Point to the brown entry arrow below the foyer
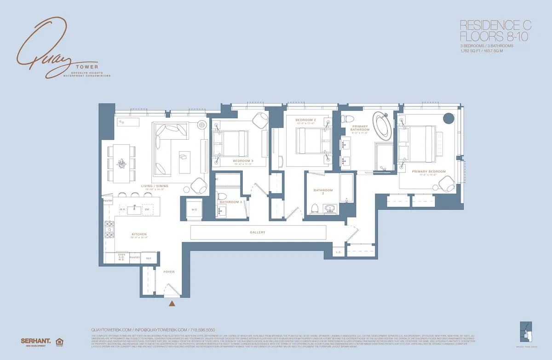pos(172,303)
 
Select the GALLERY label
pos(258,233)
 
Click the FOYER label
pos(169,272)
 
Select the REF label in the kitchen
pos(149,258)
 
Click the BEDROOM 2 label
pos(305,119)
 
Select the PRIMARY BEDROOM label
pos(429,171)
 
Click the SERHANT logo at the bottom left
pos(35,341)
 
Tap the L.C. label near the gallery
pos(339,252)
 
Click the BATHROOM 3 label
pos(230,202)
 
